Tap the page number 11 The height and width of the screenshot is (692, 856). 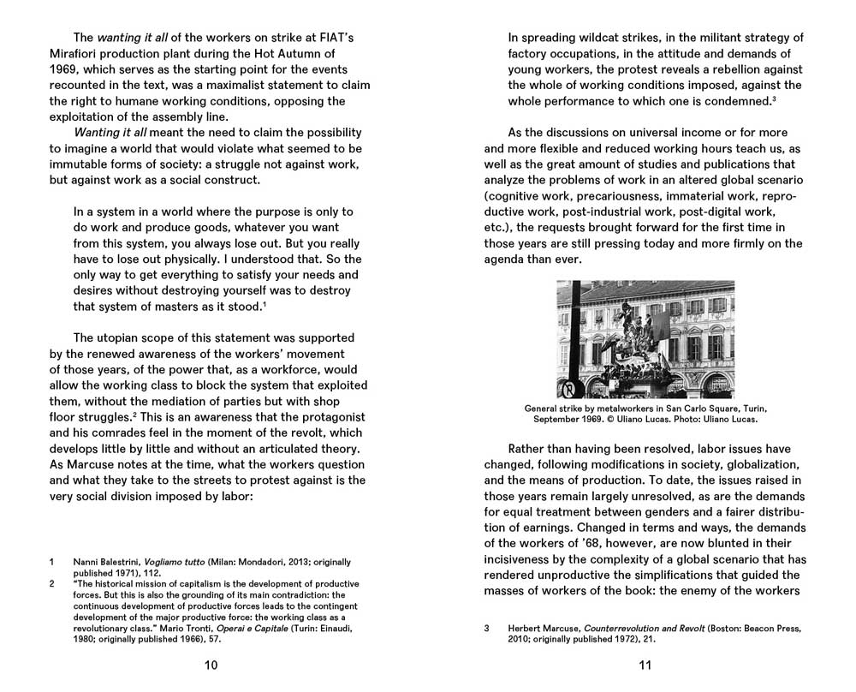point(645,665)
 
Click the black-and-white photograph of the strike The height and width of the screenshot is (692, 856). point(645,339)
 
